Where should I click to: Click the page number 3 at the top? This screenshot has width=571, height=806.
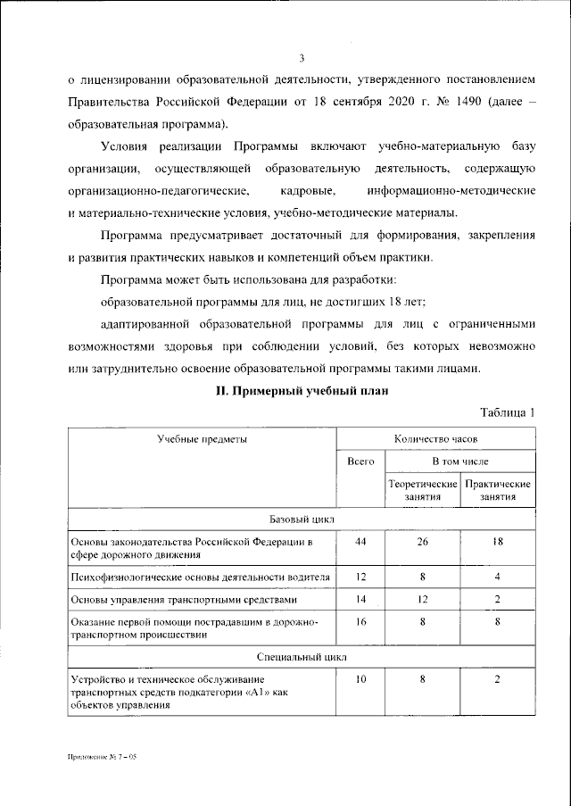302,59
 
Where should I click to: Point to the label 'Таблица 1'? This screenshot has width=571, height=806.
507,412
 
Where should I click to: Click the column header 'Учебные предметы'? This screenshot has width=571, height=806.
202,439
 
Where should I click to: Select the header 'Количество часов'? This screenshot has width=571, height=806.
435,439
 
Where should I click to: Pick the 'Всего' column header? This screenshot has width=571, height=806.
360,461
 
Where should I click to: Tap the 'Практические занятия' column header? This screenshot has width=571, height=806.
498,490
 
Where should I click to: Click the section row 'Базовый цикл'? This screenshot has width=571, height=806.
302,519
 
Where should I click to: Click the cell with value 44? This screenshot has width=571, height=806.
360,542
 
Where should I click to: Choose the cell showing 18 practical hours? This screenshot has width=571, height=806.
498,542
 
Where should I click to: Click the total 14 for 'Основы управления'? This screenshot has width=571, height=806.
360,600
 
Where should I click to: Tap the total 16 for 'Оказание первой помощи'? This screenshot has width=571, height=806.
360,620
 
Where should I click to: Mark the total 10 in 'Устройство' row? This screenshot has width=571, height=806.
360,679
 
